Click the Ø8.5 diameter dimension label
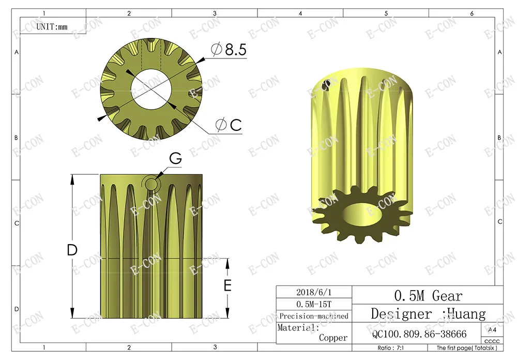coord(229,50)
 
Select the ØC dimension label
coord(229,125)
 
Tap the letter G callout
coord(175,158)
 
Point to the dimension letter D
coord(72,250)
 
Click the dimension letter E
coord(227,286)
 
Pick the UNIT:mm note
coord(52,27)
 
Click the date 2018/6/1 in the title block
coord(314,292)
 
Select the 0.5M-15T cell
coord(314,304)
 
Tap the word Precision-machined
coord(314,316)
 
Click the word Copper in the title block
coord(333,338)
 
